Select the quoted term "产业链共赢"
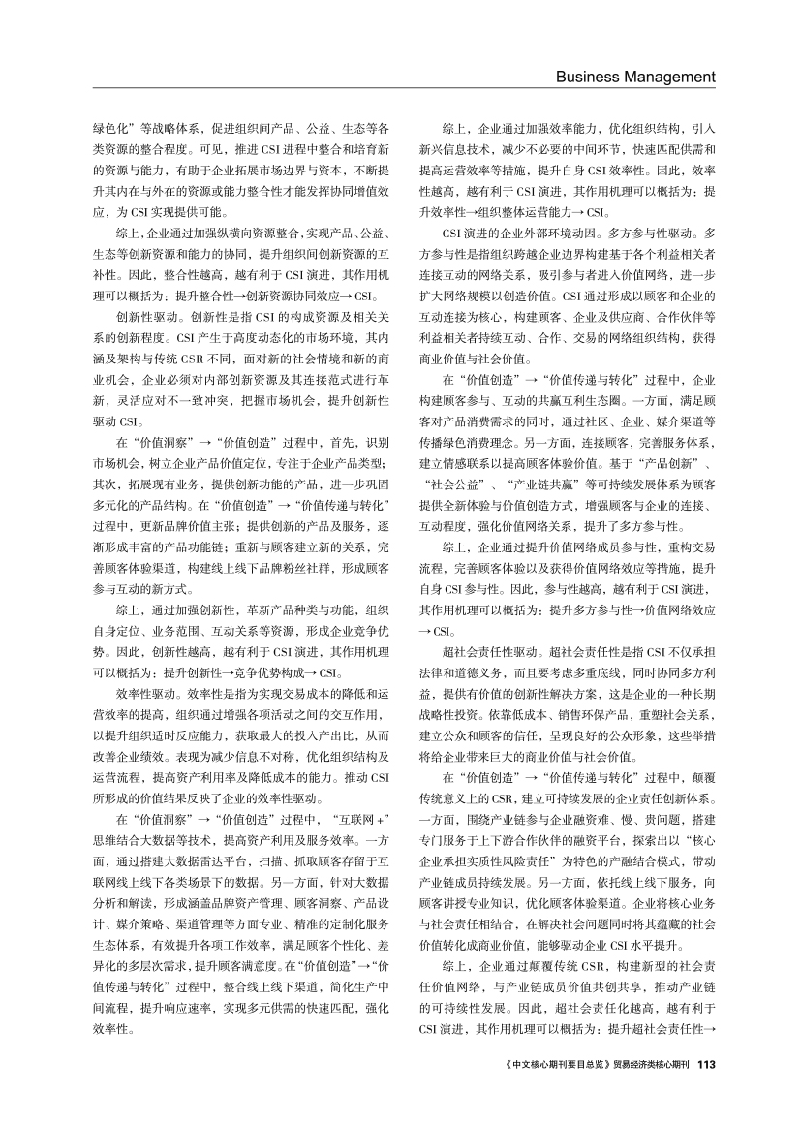point(524,485)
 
